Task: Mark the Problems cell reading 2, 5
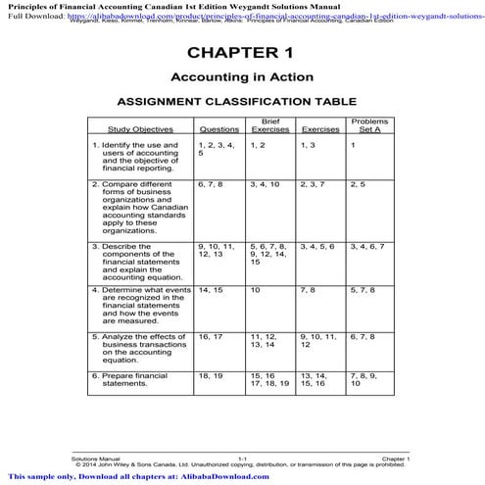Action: (x=358, y=183)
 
